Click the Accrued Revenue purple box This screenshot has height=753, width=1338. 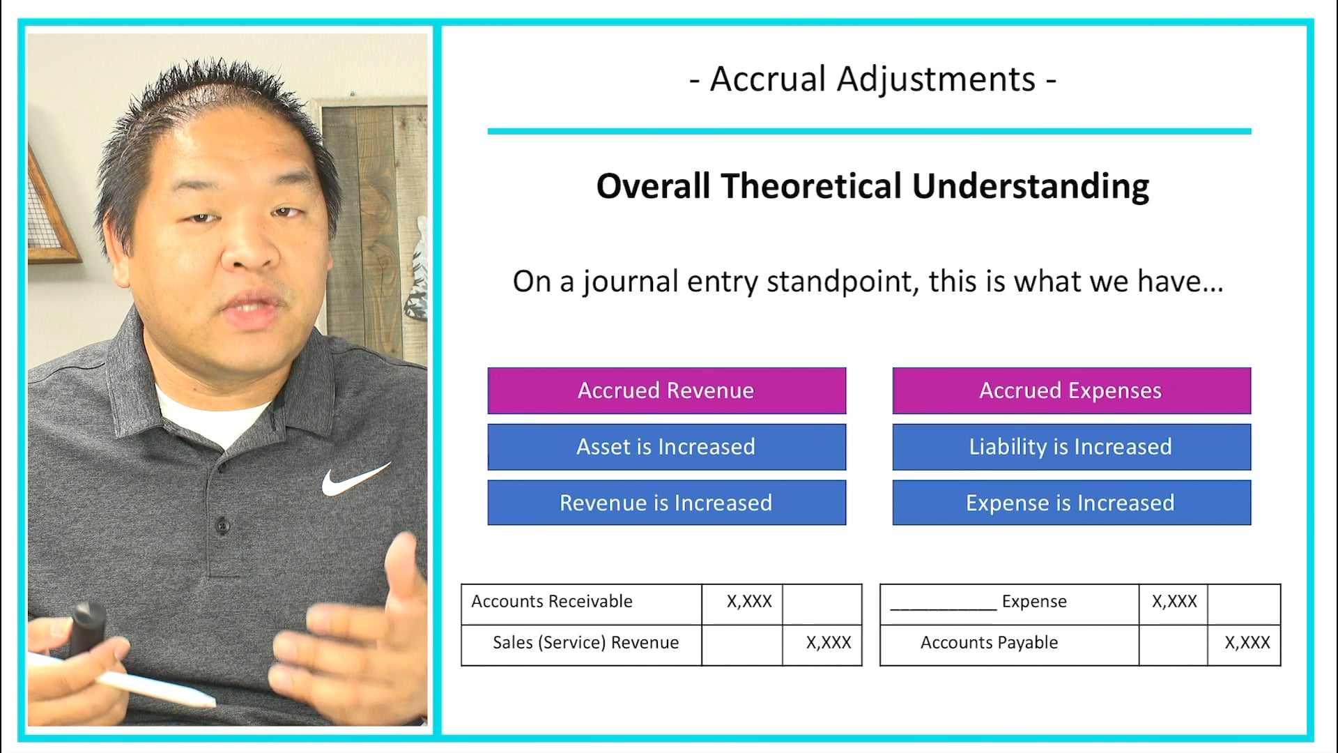[x=666, y=390]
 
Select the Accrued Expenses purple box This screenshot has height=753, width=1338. [x=1071, y=390]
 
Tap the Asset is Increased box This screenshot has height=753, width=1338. [x=666, y=447]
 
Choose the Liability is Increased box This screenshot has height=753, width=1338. [x=1071, y=447]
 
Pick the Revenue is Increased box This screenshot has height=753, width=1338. [x=666, y=503]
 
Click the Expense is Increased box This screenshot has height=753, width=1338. [x=1071, y=503]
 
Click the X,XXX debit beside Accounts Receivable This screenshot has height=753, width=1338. [x=749, y=602]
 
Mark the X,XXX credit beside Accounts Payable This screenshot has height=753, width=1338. [x=1247, y=643]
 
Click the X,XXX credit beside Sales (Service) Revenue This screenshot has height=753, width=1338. [x=829, y=643]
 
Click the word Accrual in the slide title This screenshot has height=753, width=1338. [x=767, y=79]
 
